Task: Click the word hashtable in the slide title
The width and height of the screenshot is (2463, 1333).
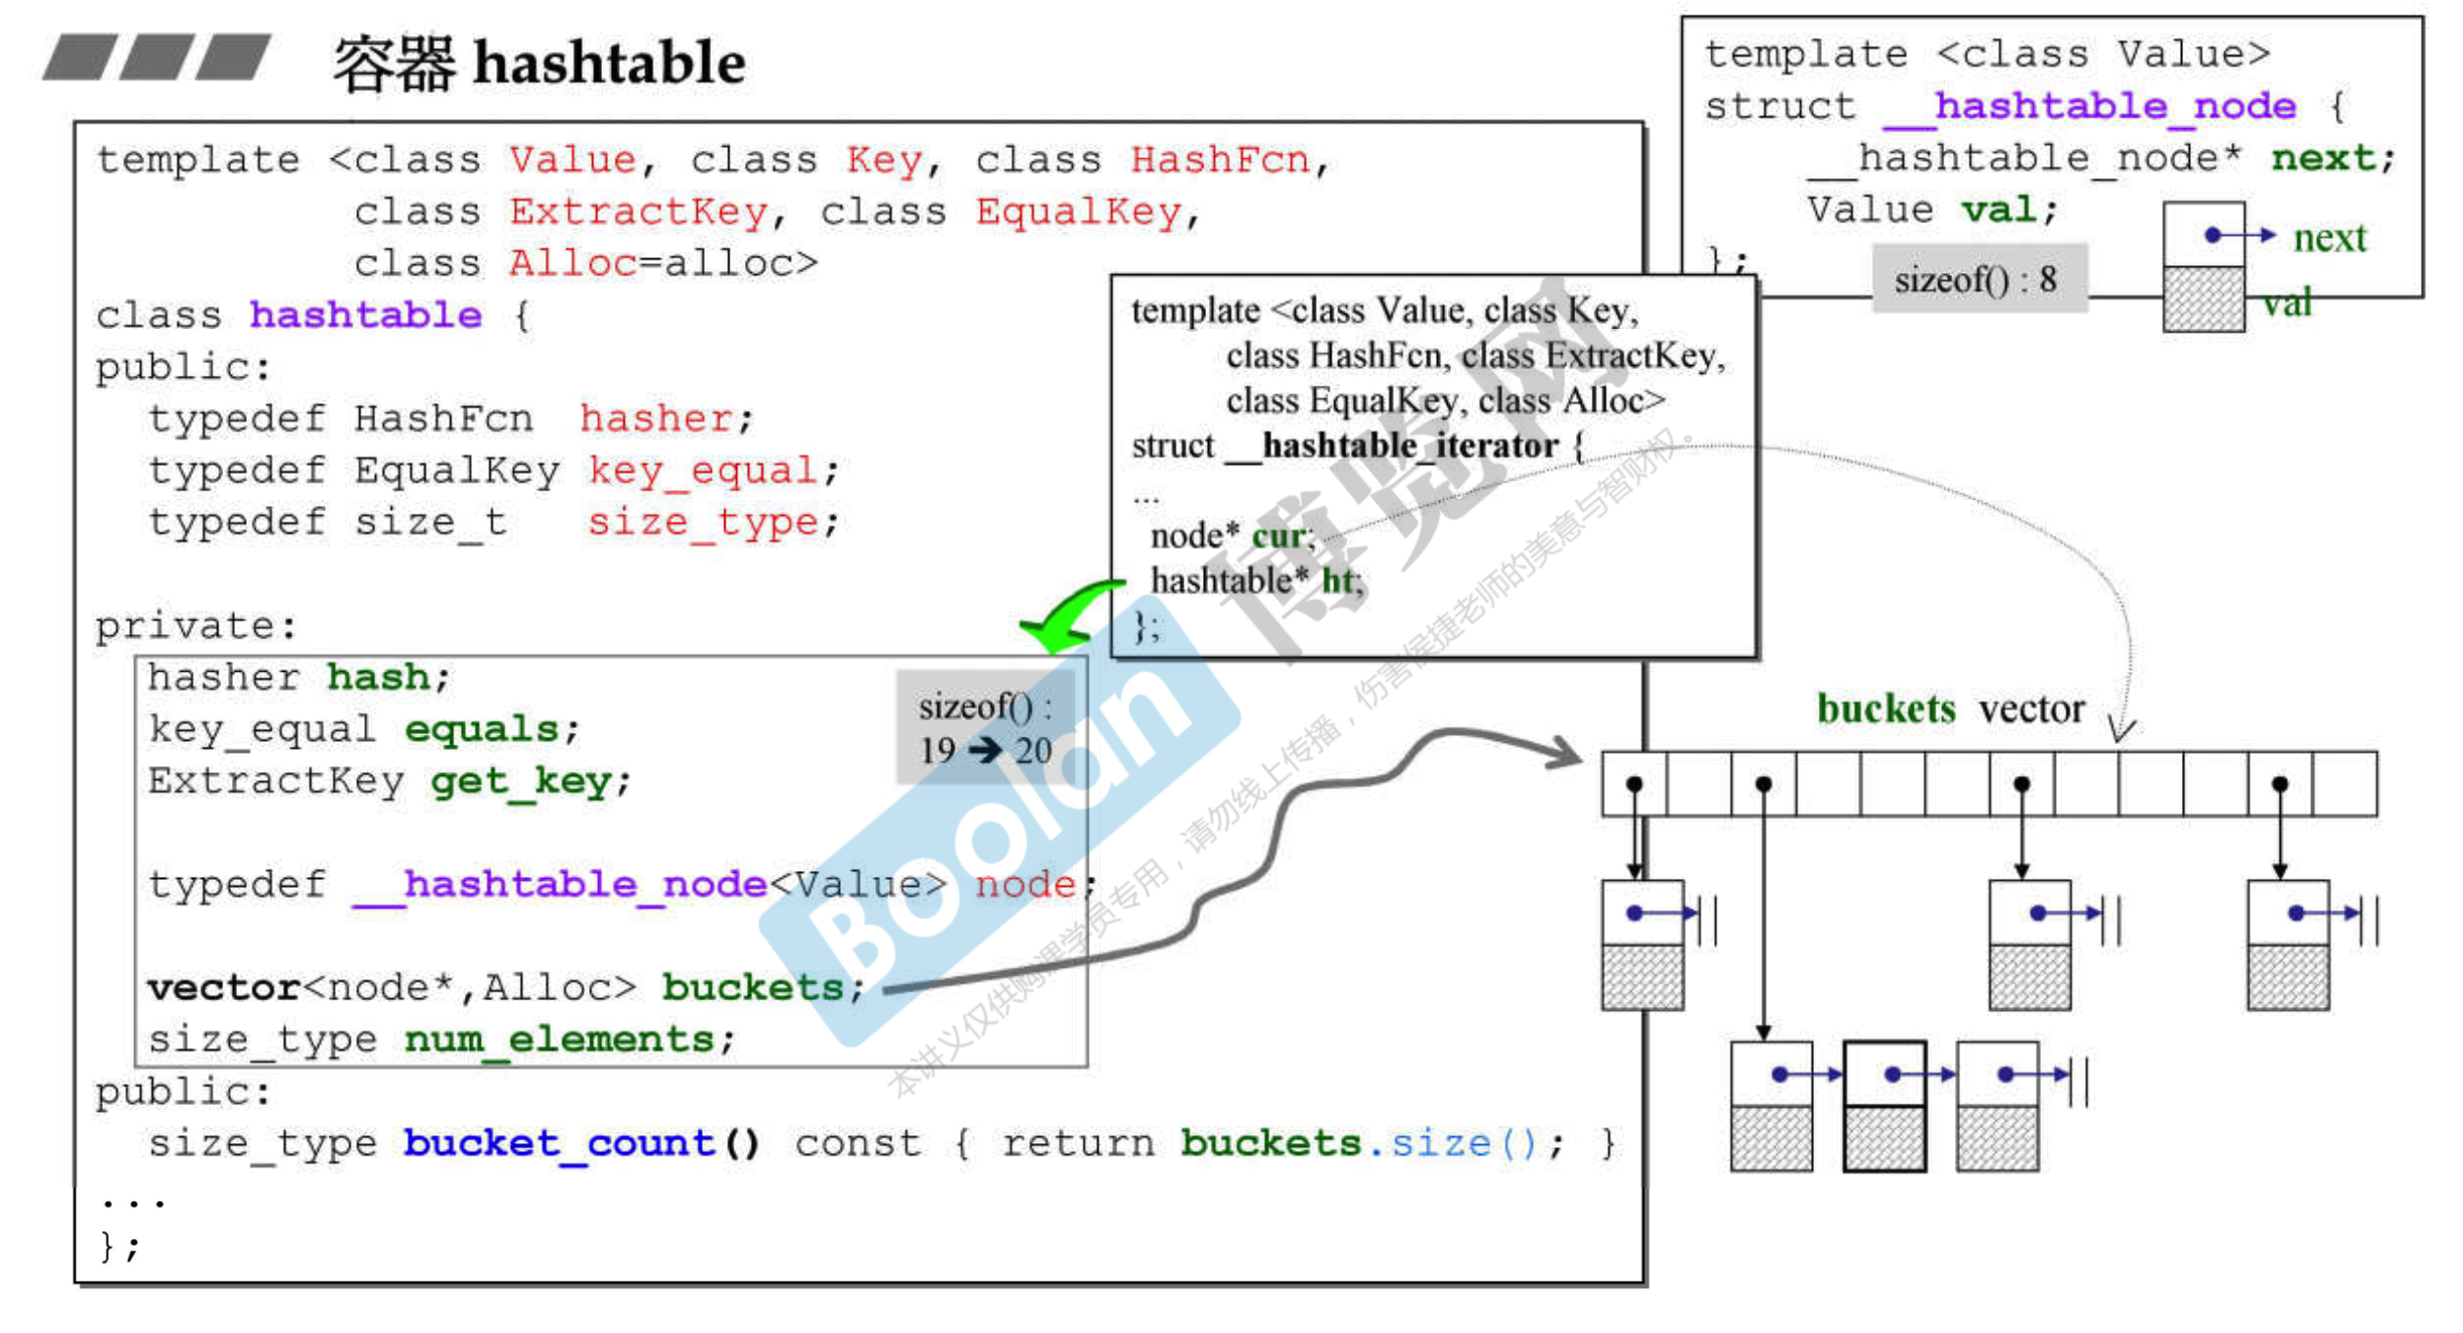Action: (609, 64)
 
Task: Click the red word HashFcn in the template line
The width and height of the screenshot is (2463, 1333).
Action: (1219, 160)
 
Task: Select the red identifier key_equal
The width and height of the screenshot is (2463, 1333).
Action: (703, 471)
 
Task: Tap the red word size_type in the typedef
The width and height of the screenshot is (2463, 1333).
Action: (703, 523)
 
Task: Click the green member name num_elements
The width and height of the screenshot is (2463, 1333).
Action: (559, 1039)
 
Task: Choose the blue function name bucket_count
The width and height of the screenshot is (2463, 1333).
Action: (559, 1143)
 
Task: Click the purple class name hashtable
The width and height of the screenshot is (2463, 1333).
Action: (365, 315)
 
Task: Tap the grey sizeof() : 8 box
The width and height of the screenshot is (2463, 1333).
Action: (1978, 280)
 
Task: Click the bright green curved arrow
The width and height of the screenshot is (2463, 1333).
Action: (1067, 615)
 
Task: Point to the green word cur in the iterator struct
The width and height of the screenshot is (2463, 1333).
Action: (1278, 536)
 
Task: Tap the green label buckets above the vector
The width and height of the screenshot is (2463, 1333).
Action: (1884, 709)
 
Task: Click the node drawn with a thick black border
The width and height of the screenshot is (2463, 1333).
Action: (1884, 1107)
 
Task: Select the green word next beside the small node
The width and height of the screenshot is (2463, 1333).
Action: (2329, 238)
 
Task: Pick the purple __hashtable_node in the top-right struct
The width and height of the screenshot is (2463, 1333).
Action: (2089, 106)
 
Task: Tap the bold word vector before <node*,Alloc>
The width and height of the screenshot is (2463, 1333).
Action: (223, 988)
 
